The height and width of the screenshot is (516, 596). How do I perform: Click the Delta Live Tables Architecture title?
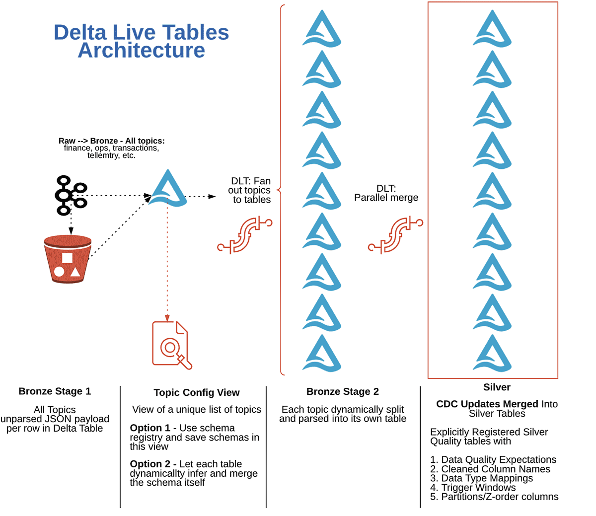pos(142,41)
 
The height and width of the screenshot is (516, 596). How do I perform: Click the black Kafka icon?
pos(70,195)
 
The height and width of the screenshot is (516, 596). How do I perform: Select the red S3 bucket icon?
pos(68,259)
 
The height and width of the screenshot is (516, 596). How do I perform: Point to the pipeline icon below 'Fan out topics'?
pos(245,234)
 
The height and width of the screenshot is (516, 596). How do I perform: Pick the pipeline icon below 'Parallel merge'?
pos(395,234)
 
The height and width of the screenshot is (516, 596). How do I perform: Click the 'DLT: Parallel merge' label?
pos(386,193)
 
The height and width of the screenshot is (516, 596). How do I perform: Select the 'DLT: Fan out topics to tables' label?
pos(250,190)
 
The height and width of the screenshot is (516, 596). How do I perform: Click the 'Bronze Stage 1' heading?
pos(55,391)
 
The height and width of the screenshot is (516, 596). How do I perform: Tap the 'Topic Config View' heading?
pos(197,393)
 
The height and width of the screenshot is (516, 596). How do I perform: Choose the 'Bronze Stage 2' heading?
pos(343,392)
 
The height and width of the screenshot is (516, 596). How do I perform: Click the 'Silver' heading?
pos(497,387)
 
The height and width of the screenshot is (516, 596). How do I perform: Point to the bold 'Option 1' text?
pos(150,428)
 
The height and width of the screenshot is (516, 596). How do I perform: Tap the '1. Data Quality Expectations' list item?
pos(493,460)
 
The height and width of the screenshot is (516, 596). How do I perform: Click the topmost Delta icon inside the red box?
pos(492,29)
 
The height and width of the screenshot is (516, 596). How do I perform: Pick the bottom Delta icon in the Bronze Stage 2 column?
pos(322,354)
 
